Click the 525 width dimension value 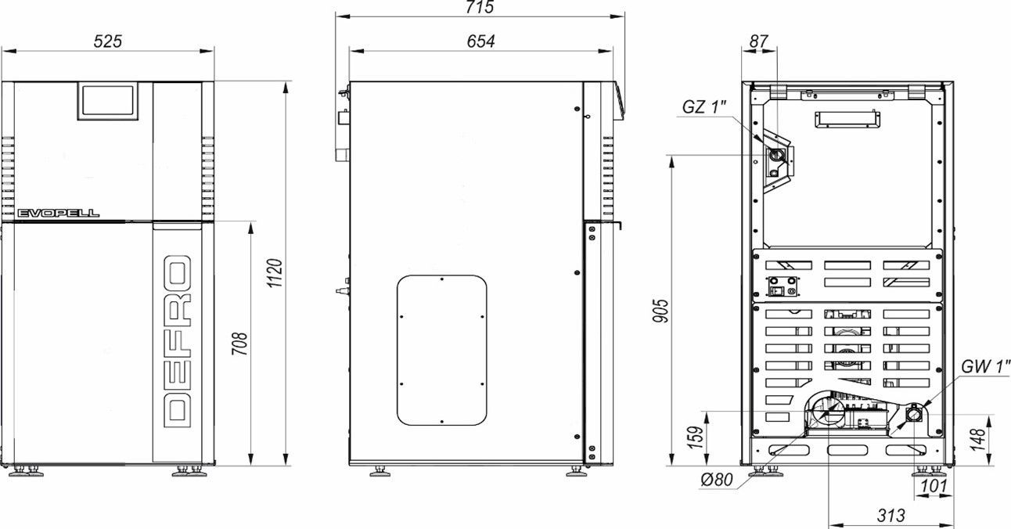pos(107,41)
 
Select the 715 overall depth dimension pos(480,7)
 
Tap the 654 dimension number pos(480,41)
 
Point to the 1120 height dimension pos(275,273)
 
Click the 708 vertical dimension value pos(240,344)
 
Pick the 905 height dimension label pos(660,311)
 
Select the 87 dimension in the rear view pos(759,41)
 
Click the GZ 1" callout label pos(704,107)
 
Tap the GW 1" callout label pos(985,366)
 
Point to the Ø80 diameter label pos(717,480)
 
